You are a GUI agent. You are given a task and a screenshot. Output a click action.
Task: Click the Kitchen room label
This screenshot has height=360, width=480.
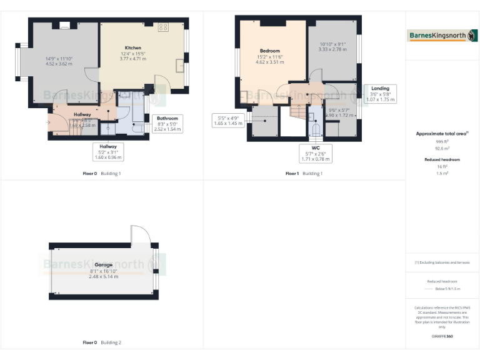coord(132,48)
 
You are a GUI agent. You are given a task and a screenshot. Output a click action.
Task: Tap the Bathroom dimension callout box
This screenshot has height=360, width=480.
coord(167,124)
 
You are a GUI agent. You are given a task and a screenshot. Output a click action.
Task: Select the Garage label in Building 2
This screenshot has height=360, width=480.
coord(104,265)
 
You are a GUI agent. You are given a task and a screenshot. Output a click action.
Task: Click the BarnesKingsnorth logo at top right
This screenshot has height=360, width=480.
coord(442,36)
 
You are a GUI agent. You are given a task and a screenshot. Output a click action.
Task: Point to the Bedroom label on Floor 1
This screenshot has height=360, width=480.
coord(270,51)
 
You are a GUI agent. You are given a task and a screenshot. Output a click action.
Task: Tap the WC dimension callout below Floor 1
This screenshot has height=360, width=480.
coord(316,153)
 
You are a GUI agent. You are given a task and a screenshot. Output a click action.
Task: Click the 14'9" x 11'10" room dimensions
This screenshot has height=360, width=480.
coord(59,61)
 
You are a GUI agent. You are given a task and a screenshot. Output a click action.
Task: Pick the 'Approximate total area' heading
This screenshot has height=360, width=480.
coord(441,134)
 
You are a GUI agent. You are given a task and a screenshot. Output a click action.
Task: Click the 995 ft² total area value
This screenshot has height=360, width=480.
coord(442,142)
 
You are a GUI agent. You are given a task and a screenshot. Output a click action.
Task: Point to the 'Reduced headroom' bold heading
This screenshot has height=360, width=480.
coord(442,160)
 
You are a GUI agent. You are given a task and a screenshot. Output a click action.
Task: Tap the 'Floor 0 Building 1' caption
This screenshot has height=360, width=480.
coord(102,173)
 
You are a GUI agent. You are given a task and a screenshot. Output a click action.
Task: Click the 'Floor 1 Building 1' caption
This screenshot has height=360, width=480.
coord(304,173)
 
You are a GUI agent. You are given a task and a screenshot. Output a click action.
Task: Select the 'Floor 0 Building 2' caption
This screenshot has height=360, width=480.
coord(102,342)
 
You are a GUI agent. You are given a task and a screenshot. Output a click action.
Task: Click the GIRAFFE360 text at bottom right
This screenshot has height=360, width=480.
coord(442,337)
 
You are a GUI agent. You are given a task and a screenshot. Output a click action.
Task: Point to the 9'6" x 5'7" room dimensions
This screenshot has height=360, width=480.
coord(338,113)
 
